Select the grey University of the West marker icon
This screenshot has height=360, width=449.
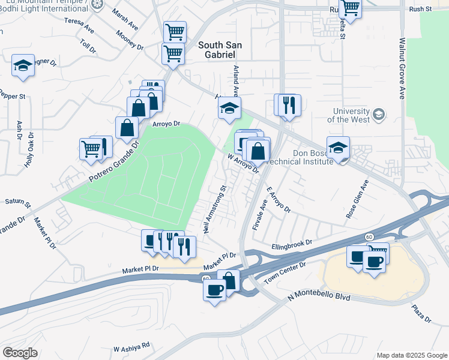[379, 113]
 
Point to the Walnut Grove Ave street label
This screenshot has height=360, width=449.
[402, 69]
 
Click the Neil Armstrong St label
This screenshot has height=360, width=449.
[215, 209]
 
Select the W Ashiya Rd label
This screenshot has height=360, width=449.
[131, 347]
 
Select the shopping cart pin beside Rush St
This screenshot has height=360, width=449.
[350, 8]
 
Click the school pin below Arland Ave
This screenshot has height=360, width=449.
[229, 109]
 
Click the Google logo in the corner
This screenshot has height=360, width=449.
[20, 353]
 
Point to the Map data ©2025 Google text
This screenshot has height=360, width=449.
[412, 355]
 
